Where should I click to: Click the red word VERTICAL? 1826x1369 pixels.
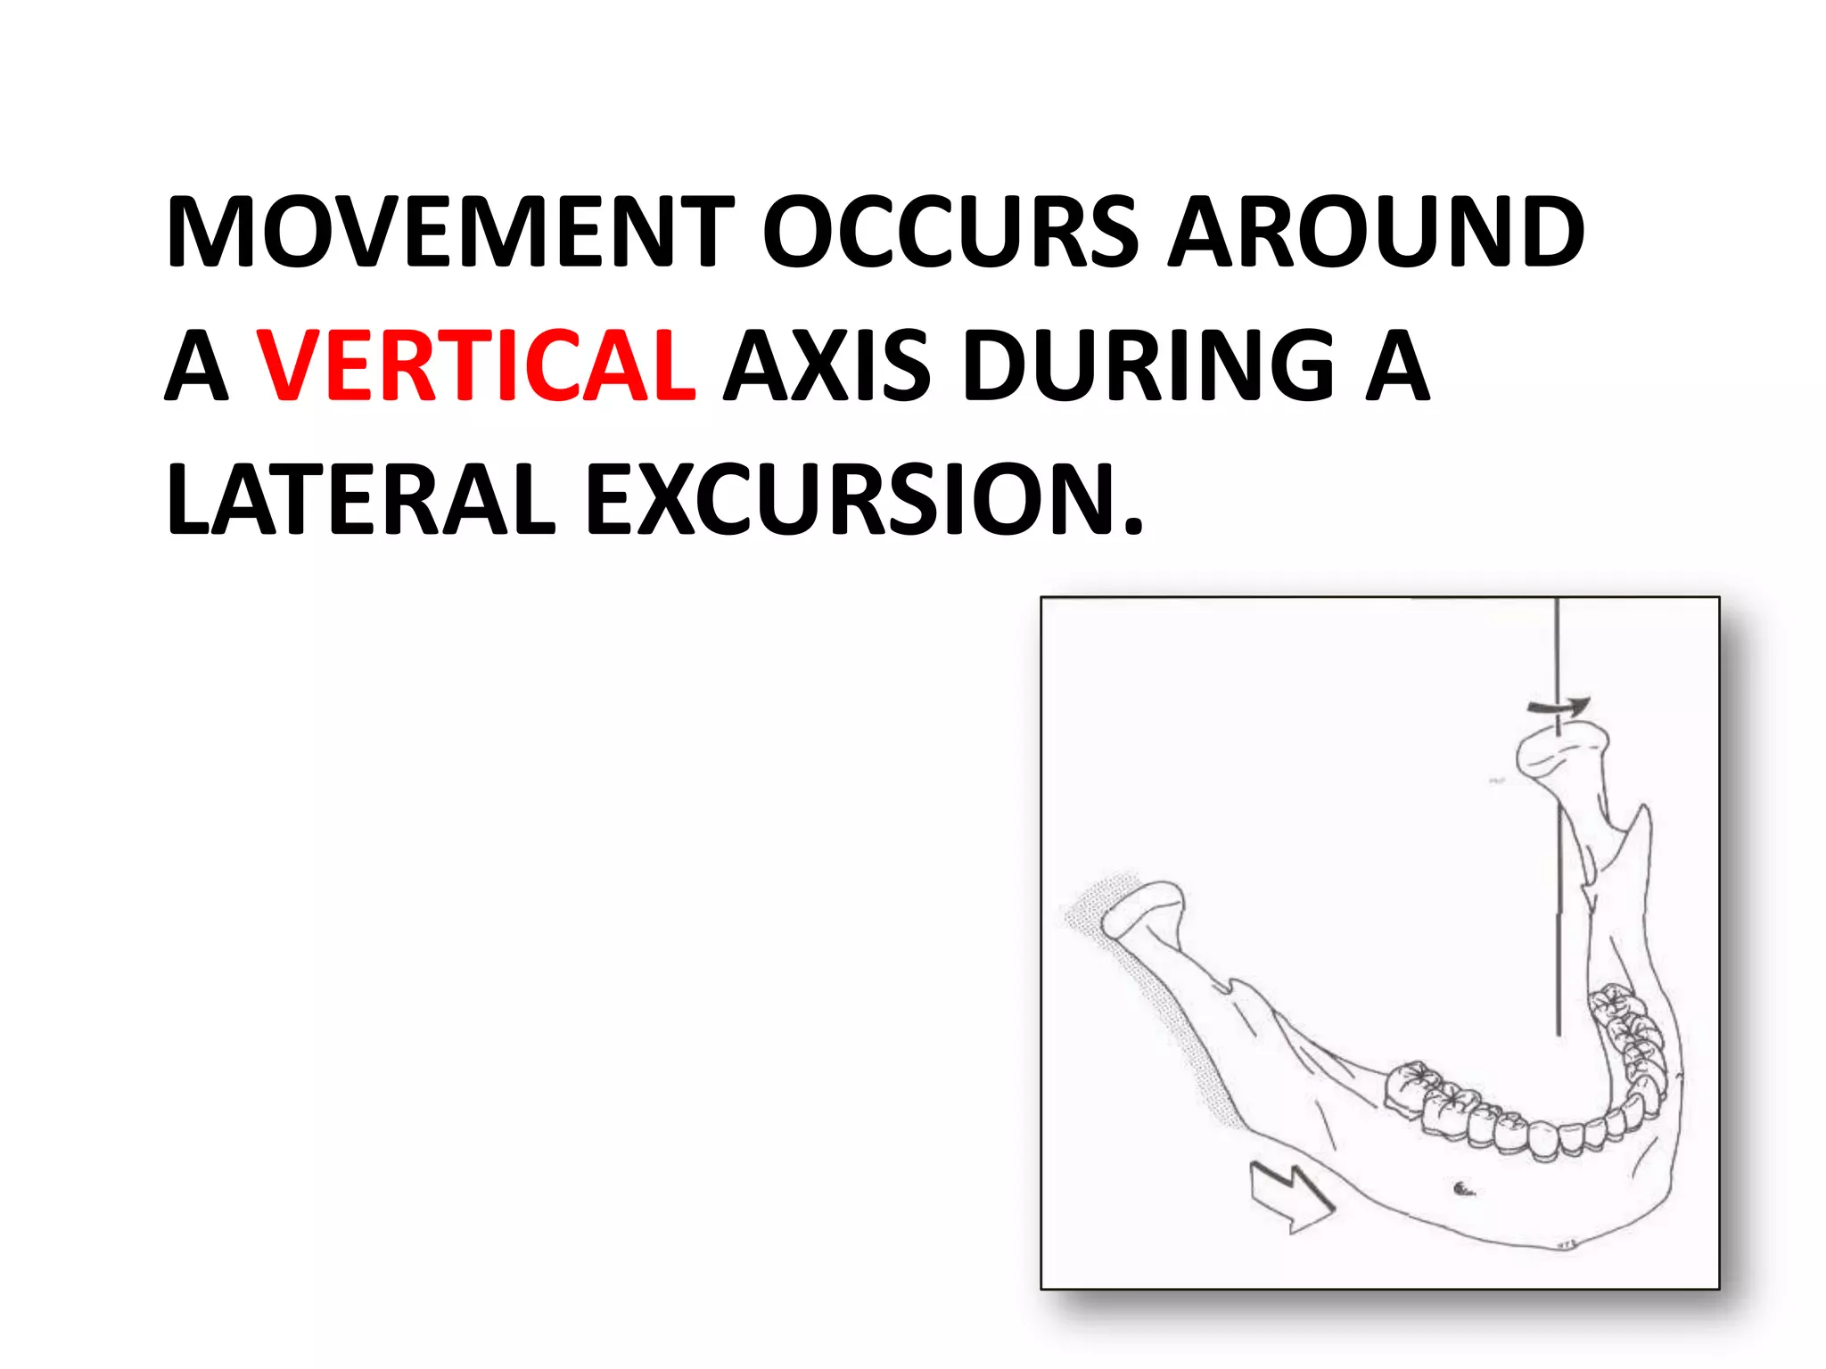pos(476,365)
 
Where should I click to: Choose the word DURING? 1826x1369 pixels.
pos(1149,365)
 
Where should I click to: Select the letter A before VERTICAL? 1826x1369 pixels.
pos(196,365)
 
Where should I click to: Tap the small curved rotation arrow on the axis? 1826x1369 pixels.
pos(1559,707)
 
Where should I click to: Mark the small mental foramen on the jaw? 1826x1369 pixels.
pos(1462,1187)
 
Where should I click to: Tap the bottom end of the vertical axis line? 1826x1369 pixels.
pos(1558,1034)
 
